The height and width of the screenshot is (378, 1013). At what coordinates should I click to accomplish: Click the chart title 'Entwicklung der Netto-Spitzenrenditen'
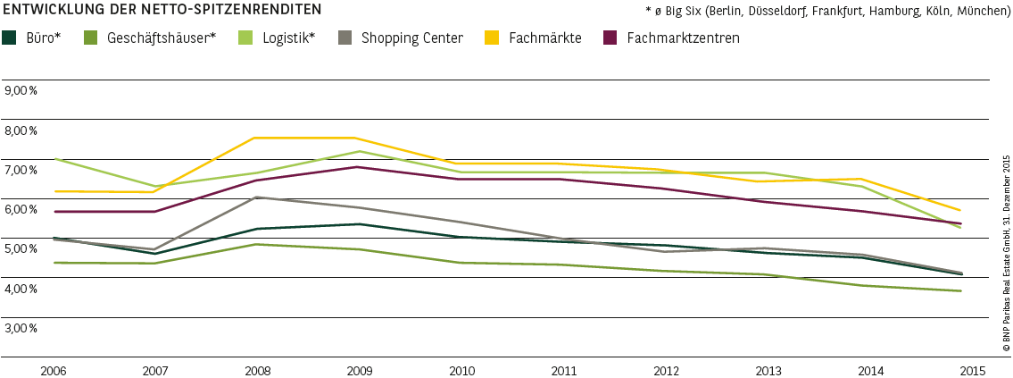tap(162, 11)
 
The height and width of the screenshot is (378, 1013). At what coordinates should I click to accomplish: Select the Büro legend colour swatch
tap(10, 38)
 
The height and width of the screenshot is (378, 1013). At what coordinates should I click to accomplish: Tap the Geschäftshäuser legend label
tap(162, 38)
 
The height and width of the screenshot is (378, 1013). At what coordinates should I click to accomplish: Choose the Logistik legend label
tap(289, 38)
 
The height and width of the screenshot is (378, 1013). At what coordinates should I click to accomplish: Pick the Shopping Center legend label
tap(412, 38)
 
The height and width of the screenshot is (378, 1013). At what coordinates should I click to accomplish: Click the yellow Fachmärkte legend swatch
tap(492, 38)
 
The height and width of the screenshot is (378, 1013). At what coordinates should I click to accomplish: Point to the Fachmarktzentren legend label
tap(683, 38)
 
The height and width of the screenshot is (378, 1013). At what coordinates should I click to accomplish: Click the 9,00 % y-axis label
tap(21, 90)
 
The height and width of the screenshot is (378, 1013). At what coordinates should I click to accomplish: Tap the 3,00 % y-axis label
tap(21, 328)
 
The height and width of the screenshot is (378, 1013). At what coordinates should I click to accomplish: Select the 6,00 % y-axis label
tap(21, 209)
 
